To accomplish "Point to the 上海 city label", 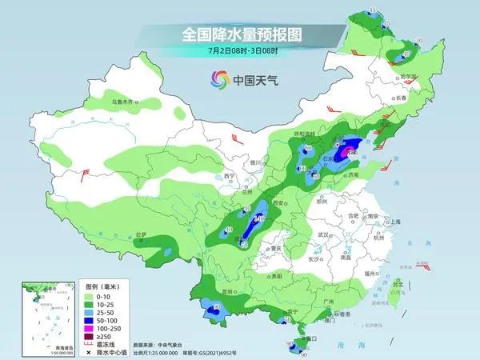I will [x=393, y=221].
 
